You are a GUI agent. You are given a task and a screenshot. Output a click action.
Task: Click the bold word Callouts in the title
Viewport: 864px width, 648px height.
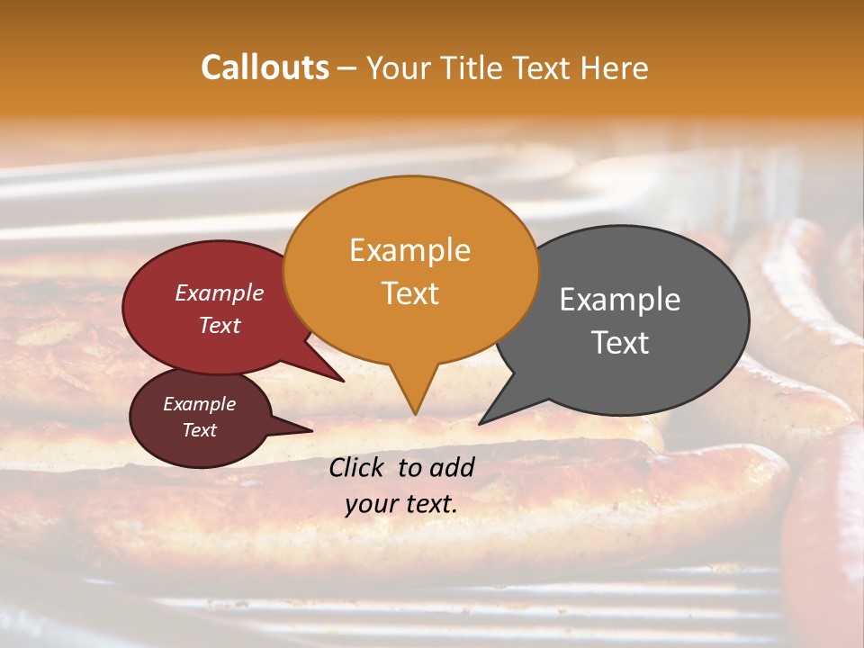click(x=265, y=67)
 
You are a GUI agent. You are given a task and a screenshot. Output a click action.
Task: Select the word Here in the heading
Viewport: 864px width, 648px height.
click(x=615, y=67)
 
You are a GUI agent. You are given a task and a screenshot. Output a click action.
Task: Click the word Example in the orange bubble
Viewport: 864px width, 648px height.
click(x=409, y=250)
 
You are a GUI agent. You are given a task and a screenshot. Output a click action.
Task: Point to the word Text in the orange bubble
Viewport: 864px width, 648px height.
click(x=409, y=293)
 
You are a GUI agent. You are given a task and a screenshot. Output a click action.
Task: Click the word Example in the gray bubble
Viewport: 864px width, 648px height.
click(x=620, y=300)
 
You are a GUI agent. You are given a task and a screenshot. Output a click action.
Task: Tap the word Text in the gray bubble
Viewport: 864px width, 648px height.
click(x=620, y=343)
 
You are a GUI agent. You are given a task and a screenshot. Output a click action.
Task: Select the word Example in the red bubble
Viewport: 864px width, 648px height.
click(x=219, y=292)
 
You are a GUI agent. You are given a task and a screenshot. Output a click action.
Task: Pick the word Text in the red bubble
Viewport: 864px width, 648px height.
click(x=219, y=325)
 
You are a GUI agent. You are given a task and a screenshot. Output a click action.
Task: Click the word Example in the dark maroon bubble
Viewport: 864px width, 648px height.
click(x=199, y=404)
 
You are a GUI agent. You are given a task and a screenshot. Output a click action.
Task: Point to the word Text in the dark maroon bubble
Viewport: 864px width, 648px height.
click(x=199, y=430)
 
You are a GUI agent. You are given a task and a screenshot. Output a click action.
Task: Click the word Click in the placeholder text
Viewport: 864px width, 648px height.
click(x=359, y=467)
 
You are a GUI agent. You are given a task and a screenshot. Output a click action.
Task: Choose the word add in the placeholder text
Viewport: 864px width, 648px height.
click(x=453, y=467)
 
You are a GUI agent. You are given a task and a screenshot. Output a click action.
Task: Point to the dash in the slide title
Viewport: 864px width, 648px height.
click(x=347, y=67)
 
